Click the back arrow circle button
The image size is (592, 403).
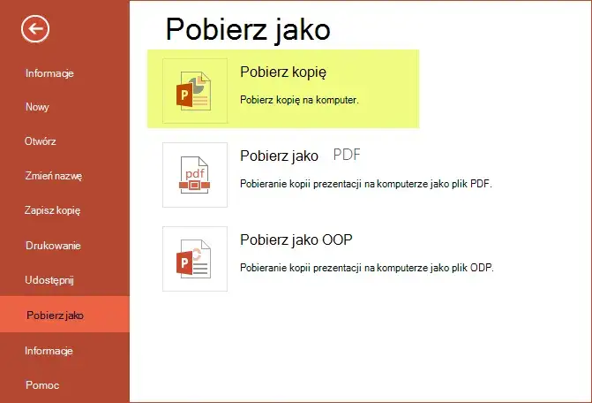point(35,29)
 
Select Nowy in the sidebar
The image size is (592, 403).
point(37,106)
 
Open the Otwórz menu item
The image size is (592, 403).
point(41,141)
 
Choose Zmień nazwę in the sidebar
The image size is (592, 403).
point(53,176)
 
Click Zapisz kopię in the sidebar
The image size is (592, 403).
point(53,210)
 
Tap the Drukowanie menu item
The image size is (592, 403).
point(53,245)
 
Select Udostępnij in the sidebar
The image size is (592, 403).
point(50,280)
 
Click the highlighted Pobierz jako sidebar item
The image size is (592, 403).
point(56,316)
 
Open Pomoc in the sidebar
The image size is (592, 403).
point(41,385)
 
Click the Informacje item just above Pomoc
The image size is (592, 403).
point(49,351)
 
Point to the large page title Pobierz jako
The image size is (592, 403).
point(248,29)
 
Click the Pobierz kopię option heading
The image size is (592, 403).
point(277,72)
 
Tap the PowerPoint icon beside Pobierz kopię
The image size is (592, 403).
point(195,91)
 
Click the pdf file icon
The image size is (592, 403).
point(195,175)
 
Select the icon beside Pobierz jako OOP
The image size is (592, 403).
point(195,258)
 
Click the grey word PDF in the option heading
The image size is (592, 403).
point(348,156)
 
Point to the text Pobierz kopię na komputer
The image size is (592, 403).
point(299,100)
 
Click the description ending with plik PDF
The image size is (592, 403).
point(365,184)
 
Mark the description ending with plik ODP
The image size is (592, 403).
point(366,268)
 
